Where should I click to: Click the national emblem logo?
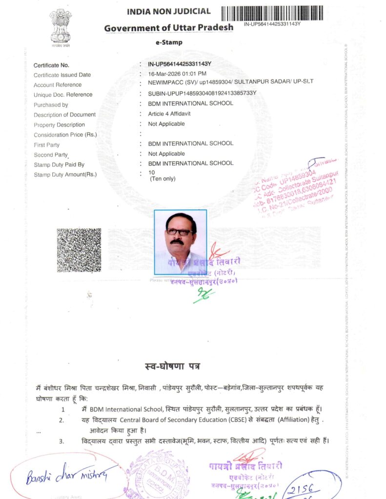(x=61, y=27)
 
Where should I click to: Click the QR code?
(x=79, y=249)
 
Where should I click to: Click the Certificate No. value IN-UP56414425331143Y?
(x=179, y=64)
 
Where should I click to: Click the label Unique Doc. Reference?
(x=63, y=95)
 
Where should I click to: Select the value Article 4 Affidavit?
(x=169, y=114)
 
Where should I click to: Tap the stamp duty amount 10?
(x=151, y=173)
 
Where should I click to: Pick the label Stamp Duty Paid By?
(x=59, y=165)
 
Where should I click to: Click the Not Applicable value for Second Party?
(x=166, y=154)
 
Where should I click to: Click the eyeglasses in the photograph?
(x=180, y=232)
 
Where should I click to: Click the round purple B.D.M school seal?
(x=158, y=475)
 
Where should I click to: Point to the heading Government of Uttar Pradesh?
(x=169, y=28)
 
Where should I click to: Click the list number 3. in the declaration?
(x=61, y=441)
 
